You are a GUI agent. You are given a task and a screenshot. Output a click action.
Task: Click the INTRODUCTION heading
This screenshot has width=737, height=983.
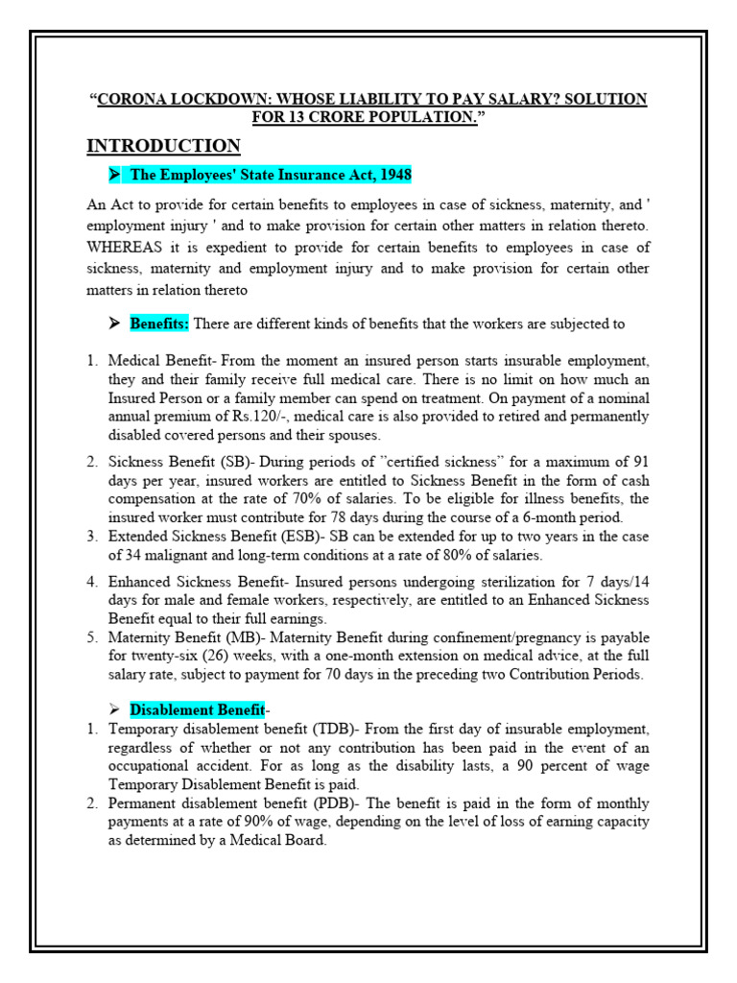pos(163,146)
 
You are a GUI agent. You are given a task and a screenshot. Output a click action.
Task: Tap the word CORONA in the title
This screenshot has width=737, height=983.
pos(132,100)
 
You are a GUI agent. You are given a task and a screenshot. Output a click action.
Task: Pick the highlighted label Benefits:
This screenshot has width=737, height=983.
pos(160,324)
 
